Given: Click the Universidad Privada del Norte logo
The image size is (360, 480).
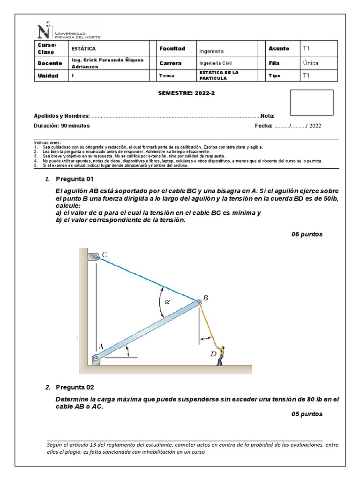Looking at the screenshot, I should pyautogui.click(x=68, y=31).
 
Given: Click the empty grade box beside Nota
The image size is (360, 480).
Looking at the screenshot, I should pyautogui.click(x=311, y=103).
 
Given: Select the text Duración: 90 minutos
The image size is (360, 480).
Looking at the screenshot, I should pyautogui.click(x=62, y=126).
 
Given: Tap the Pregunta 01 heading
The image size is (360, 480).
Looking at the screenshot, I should pyautogui.click(x=75, y=179).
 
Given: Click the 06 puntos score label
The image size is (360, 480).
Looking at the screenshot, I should pyautogui.click(x=307, y=234).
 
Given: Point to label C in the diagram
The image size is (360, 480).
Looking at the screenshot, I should pyautogui.click(x=104, y=255).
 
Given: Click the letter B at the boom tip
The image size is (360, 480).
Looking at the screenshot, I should pyautogui.click(x=205, y=298).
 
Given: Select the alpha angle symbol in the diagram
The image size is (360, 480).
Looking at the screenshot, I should pyautogui.click(x=167, y=302).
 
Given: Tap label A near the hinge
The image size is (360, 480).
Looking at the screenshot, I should pyautogui.click(x=99, y=346).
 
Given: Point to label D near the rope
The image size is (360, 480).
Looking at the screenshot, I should pyautogui.click(x=213, y=354).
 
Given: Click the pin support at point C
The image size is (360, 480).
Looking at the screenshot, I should pyautogui.click(x=94, y=256).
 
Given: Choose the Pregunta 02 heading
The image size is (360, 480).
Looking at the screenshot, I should pyautogui.click(x=75, y=387).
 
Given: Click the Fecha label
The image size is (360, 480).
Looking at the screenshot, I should pyautogui.click(x=263, y=126).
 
